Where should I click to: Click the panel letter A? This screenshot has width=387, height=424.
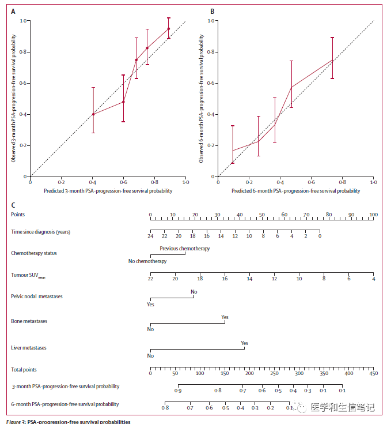click(x=13, y=11)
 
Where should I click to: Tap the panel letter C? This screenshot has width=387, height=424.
click(x=13, y=205)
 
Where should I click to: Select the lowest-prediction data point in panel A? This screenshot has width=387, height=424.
click(x=93, y=114)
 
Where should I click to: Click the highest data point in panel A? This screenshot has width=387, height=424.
click(x=169, y=28)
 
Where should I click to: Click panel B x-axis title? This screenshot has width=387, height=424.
click(x=296, y=190)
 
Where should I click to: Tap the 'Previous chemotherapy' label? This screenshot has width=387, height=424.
click(x=184, y=249)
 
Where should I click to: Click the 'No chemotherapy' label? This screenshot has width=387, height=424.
click(x=147, y=261)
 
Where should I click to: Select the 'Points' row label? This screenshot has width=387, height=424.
click(x=18, y=215)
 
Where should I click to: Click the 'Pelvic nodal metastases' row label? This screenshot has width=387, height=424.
click(x=37, y=297)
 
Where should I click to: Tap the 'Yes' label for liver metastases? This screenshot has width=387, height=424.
click(x=245, y=342)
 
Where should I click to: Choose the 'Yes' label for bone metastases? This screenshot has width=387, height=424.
click(x=225, y=317)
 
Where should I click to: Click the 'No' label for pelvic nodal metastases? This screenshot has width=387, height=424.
click(x=194, y=292)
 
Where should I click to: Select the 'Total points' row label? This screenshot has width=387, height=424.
click(x=24, y=369)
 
